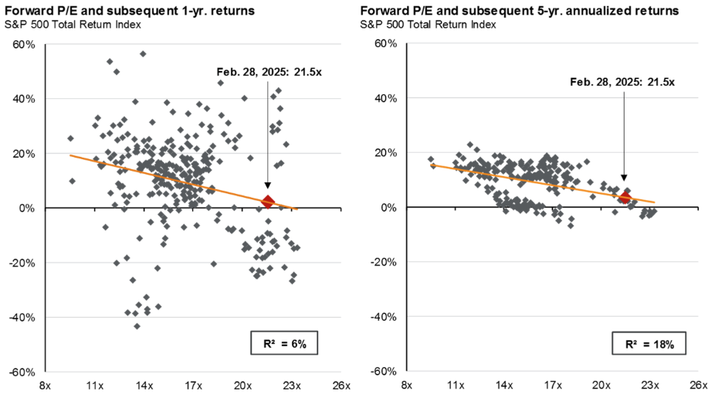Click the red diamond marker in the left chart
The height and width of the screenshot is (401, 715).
(268, 202)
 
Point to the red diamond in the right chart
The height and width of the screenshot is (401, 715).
(625, 198)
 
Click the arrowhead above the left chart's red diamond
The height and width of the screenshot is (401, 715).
(268, 185)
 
